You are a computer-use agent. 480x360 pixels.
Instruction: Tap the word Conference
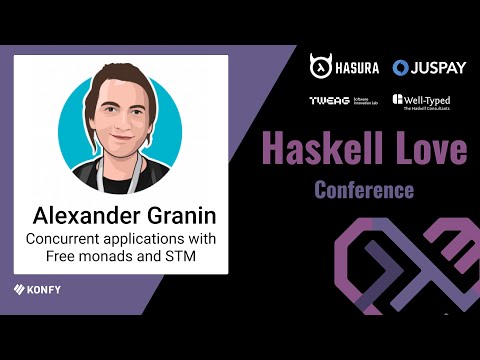pos(363,187)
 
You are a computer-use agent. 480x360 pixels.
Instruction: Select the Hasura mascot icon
pos(321,67)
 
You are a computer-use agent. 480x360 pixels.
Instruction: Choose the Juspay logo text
pos(439,68)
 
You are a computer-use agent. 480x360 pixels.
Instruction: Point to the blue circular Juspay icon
pos(401,68)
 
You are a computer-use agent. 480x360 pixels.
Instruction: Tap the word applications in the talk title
pos(154,241)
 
